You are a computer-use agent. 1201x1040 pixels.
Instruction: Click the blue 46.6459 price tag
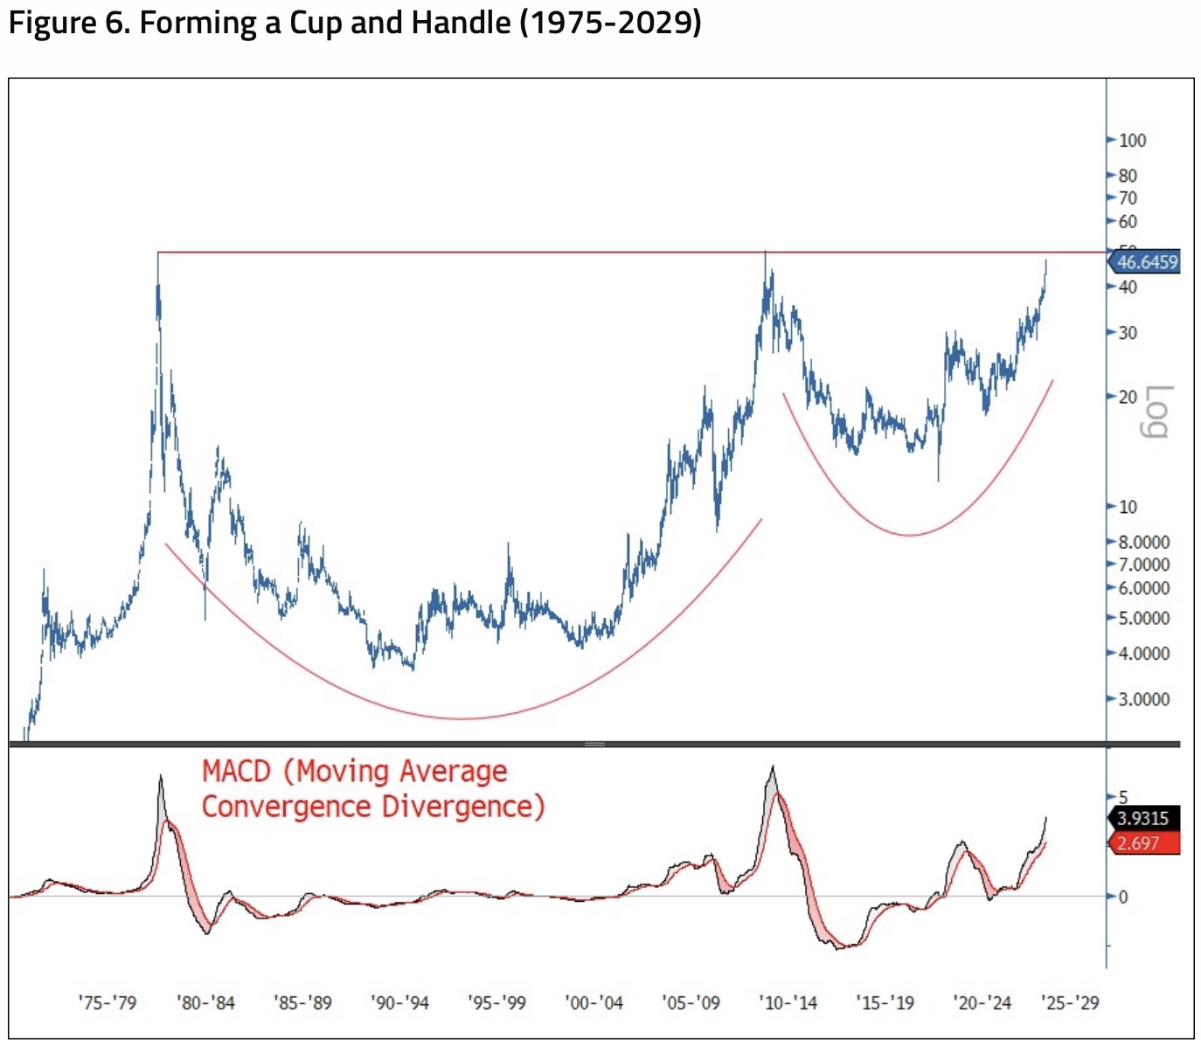[x=1146, y=262]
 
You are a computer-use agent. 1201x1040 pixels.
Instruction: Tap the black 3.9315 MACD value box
[x=1143, y=818]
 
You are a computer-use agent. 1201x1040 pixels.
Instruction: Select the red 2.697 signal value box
[x=1138, y=843]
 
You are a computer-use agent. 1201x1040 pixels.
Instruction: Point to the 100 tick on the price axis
[x=1132, y=141]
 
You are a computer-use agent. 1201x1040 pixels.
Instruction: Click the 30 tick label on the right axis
[x=1128, y=333]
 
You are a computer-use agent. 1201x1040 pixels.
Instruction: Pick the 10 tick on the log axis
[x=1128, y=507]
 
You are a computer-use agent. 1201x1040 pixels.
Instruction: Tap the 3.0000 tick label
[x=1143, y=699]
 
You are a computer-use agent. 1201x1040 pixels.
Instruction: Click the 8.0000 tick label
[x=1143, y=542]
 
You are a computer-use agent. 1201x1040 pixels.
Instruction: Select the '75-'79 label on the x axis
[x=108, y=1002]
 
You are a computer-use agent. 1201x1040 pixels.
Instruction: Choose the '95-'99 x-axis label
[x=496, y=1002]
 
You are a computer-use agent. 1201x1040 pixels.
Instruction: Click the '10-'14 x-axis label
[x=788, y=1002]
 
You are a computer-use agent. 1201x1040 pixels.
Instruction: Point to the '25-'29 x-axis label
[x=1070, y=1002]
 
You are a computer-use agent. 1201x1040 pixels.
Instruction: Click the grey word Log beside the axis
[x=1156, y=411]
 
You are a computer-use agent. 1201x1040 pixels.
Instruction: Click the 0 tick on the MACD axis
[x=1123, y=897]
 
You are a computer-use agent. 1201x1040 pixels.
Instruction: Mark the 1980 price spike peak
[x=158, y=254]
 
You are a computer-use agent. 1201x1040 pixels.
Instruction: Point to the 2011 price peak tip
[x=766, y=253]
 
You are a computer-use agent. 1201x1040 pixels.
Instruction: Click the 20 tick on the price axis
[x=1128, y=397]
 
